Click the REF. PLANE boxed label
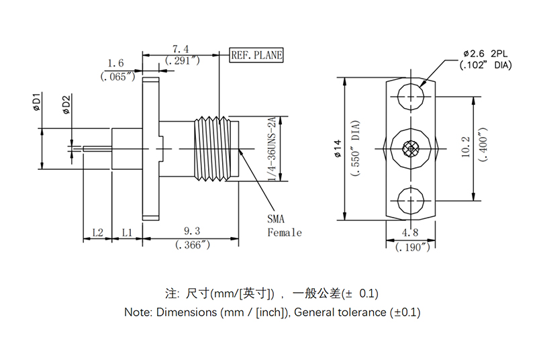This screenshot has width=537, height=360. pyautogui.click(x=256, y=56)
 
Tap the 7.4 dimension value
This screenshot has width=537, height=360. pyautogui.click(x=181, y=48)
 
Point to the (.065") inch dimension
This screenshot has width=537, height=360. pyautogui.click(x=118, y=77)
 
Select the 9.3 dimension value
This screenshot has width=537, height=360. pyautogui.click(x=192, y=232)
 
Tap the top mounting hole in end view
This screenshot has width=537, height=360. pyautogui.click(x=410, y=97)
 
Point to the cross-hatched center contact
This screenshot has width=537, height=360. pyautogui.click(x=410, y=148)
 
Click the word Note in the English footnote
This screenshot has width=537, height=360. pyautogui.click(x=138, y=312)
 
